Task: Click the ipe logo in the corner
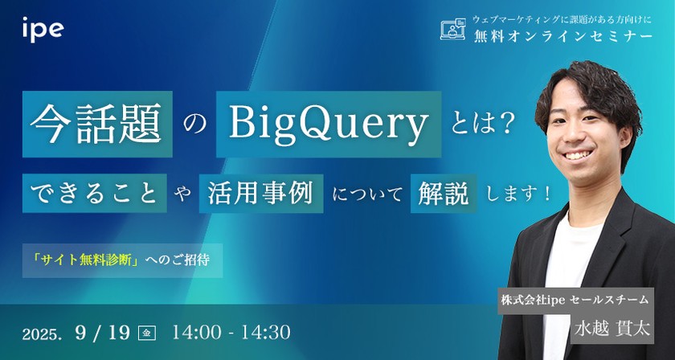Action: tap(43, 31)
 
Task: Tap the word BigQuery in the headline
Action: tap(328, 125)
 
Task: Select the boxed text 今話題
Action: tap(100, 125)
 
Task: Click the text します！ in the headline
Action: tap(514, 193)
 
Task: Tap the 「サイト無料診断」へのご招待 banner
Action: tap(123, 261)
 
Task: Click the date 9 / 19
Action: tap(102, 332)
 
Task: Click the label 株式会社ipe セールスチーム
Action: tap(575, 300)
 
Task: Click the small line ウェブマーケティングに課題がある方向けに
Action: tap(562, 17)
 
